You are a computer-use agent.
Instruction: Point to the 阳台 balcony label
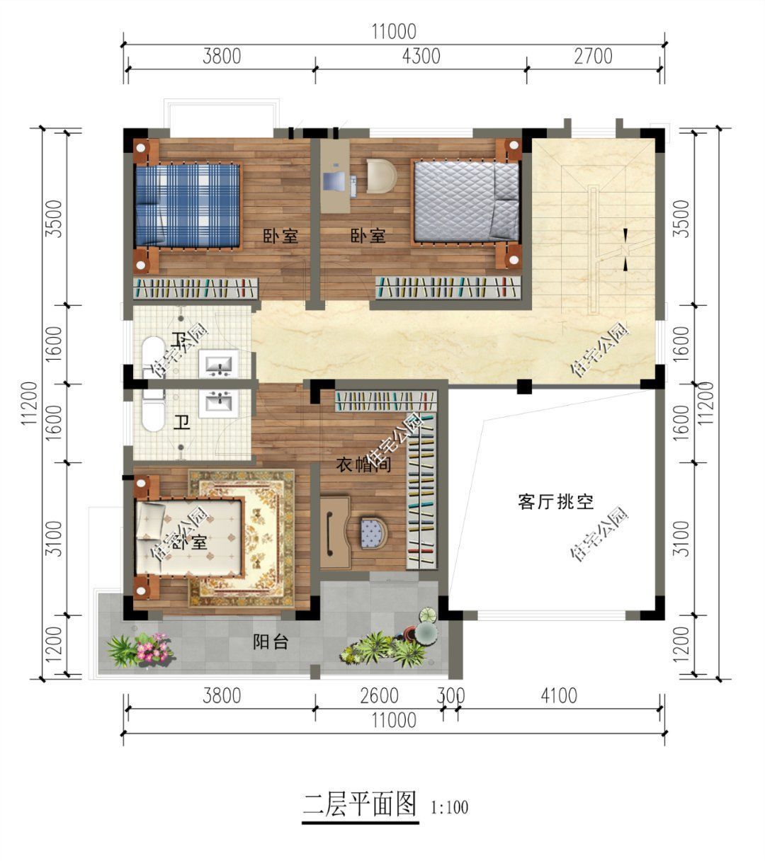pos(271,643)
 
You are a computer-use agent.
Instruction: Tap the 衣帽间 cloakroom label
pos(363,465)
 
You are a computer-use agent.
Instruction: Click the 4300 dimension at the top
pos(421,56)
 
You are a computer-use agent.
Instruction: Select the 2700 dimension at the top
pos(593,56)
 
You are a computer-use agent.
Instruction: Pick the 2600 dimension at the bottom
pos(380,696)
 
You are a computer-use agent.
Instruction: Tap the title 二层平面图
pos(360,805)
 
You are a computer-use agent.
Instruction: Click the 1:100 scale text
pos(449,807)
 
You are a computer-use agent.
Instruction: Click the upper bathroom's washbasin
pos(220,364)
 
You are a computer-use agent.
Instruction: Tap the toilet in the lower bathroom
pos(152,413)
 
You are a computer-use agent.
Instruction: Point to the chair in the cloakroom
pos(371,530)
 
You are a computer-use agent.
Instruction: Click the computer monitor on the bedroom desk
pos(333,180)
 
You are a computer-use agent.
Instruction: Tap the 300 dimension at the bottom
pos(450,696)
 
